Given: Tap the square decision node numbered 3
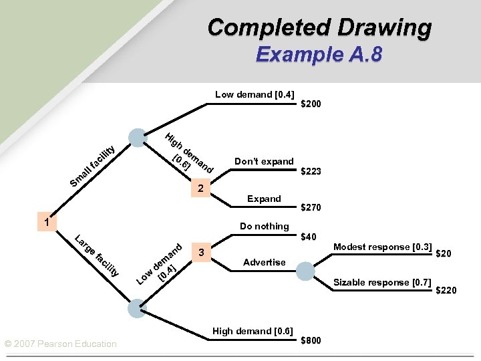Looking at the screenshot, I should coord(201,252).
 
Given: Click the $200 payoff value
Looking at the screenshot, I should coord(311,104).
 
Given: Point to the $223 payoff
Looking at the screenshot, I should coord(311,172).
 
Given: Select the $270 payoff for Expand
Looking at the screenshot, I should coord(311,208).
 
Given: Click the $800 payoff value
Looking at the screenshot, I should coord(311,340).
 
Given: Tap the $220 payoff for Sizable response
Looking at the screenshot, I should coord(446,290).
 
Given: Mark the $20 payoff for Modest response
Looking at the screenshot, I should coord(444,253).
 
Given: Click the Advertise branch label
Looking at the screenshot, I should coord(264,262).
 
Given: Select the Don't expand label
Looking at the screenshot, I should coord(264,161).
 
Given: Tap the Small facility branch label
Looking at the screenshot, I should coord(95,165).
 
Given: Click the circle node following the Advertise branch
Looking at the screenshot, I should coord(305,271).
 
